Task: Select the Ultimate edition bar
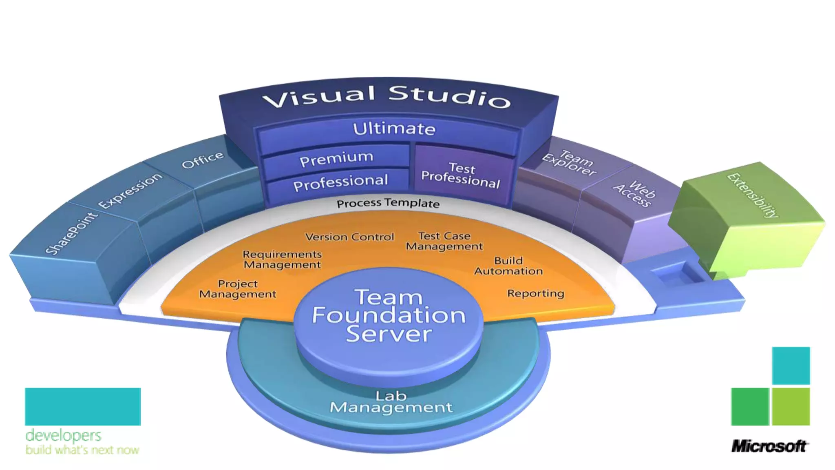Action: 394,129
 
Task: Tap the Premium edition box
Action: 336,158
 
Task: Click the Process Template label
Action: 388,203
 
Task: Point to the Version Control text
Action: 349,237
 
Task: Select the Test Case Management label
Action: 444,241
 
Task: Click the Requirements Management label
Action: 282,259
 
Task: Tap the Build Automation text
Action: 508,266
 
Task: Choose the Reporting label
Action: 535,293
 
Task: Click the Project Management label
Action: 238,289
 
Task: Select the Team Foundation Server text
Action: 389,315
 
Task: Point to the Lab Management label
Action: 391,402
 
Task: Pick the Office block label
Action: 203,160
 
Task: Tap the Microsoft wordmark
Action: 769,446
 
